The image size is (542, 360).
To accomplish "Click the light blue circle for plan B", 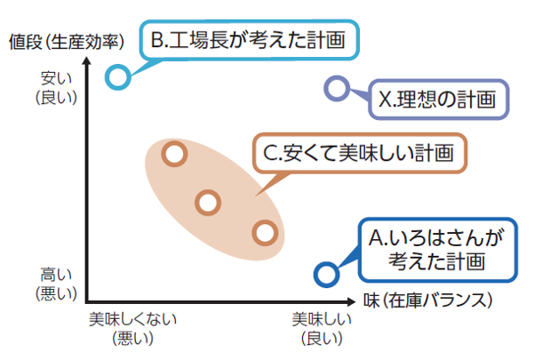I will click(117, 77).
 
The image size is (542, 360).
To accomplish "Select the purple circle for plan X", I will click(336, 87).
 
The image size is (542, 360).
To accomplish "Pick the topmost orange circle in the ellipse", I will click(174, 154).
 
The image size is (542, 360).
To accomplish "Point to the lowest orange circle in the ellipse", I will click(264, 233).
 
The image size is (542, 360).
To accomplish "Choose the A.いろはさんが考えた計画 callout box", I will click(436, 250).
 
